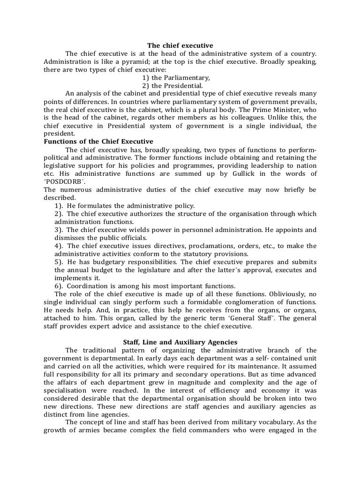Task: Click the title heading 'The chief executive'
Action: point(180,45)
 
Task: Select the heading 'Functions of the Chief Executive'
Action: point(98,141)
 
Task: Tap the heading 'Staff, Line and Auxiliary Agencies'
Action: point(180,342)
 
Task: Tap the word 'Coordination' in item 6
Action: point(89,286)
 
